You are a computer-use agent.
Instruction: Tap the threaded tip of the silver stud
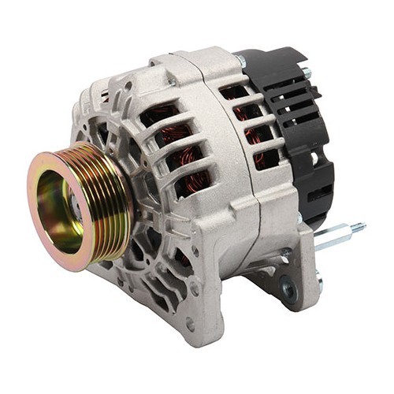click(x=359, y=228)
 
